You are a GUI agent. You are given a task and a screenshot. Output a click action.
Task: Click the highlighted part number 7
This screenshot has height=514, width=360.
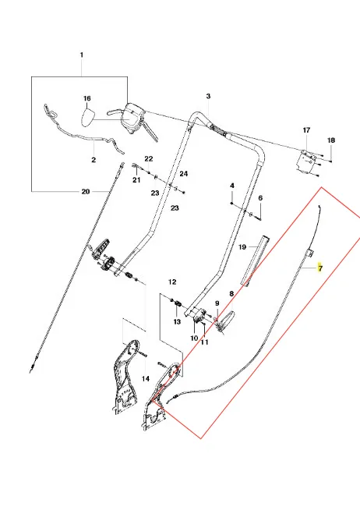coord(320,268)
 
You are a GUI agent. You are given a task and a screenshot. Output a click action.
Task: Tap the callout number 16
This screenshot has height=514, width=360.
coord(86,98)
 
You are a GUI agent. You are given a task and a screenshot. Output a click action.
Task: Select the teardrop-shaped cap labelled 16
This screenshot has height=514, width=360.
coord(89,117)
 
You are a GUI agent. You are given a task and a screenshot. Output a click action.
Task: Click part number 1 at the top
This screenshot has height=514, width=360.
coord(82,55)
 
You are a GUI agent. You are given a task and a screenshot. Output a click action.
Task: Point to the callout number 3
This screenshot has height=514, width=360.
coord(208,96)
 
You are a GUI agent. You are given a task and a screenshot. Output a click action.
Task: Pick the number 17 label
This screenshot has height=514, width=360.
coord(306,130)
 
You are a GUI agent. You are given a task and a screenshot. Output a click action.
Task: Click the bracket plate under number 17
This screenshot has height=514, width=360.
coord(306,161)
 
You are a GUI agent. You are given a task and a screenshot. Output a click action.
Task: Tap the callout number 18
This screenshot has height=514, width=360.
coord(331,140)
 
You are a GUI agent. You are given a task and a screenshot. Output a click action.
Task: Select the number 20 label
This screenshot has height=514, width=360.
coord(86,191)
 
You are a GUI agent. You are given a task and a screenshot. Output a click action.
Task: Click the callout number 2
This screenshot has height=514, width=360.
coord(94,160)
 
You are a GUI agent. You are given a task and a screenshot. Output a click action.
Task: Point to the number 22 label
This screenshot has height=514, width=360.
coord(149,159)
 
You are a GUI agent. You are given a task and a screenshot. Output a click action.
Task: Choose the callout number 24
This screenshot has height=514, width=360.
coord(183,173)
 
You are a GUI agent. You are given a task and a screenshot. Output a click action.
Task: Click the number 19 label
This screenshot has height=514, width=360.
coord(242,246)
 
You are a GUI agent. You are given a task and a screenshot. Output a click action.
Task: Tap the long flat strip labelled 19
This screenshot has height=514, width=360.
coord(256,260)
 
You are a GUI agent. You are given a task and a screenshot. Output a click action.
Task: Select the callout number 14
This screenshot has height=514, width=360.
coord(146,378)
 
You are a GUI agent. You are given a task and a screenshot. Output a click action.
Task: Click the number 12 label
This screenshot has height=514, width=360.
coord(172,282)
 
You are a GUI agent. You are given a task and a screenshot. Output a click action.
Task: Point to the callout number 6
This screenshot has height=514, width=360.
coord(260,198)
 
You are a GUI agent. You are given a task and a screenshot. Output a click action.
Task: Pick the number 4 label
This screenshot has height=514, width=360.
coord(232,186)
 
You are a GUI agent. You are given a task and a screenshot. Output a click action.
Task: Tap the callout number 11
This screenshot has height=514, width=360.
coord(204,342)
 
